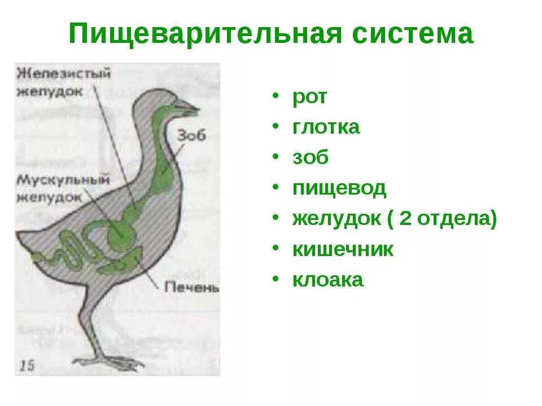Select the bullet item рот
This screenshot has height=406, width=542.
point(309,97)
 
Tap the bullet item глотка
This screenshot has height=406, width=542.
point(326,127)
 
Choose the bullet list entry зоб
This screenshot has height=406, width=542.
point(310,158)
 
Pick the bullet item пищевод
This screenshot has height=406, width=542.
point(339,188)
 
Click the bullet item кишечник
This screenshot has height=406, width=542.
point(343,249)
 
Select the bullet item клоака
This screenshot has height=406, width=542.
point(327,280)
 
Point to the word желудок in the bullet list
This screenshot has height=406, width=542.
point(336,219)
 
